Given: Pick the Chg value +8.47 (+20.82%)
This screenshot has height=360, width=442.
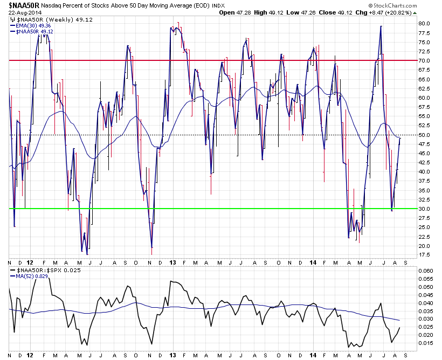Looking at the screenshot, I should [410, 13].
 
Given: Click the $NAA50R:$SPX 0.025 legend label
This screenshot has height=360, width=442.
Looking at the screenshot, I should [49, 269].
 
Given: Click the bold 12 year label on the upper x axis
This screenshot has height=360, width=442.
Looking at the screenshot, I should [30, 262].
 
